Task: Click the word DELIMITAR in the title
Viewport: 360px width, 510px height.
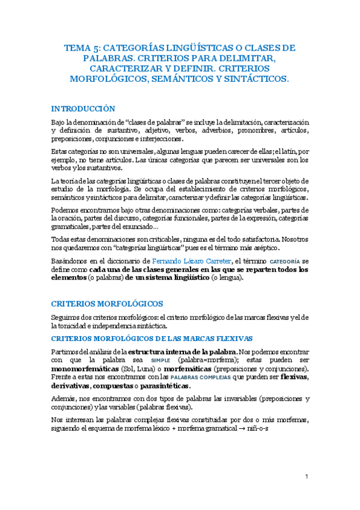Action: pyautogui.click(x=246, y=58)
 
